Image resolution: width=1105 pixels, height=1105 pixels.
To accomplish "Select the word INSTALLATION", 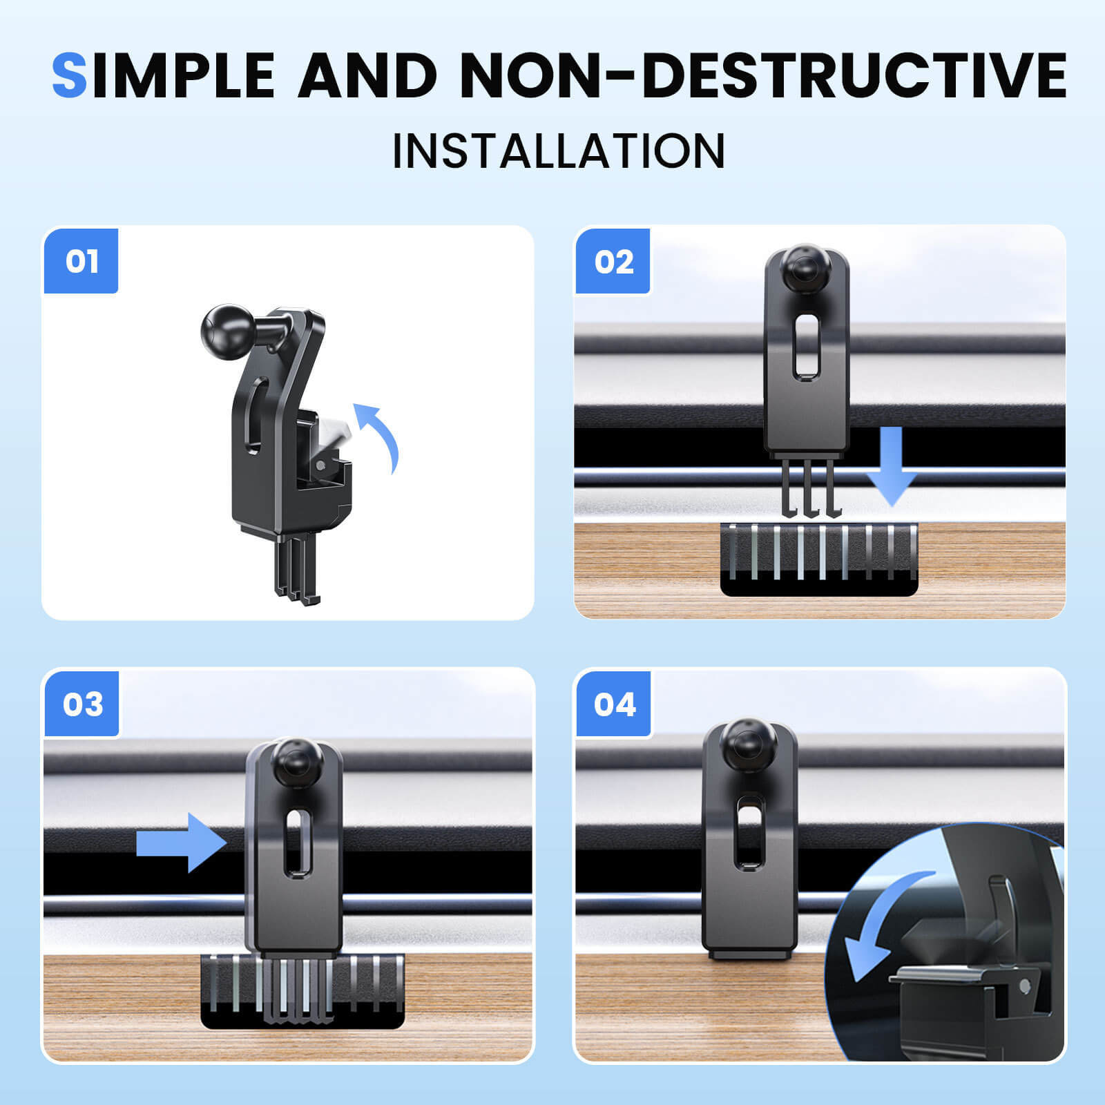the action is point(559,151).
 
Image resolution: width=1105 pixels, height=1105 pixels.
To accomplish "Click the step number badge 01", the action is point(81,261).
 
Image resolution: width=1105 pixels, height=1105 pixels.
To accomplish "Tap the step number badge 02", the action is point(613,261).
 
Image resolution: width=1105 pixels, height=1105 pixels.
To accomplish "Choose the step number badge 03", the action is point(82,704).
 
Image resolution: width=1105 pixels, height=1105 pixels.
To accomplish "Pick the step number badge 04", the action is point(614,704).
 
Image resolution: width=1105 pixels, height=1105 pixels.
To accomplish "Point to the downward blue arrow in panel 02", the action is point(892,465).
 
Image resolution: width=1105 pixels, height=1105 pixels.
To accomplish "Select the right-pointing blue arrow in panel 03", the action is point(182,843).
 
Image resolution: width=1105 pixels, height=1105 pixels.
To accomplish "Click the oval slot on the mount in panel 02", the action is point(805,347).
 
